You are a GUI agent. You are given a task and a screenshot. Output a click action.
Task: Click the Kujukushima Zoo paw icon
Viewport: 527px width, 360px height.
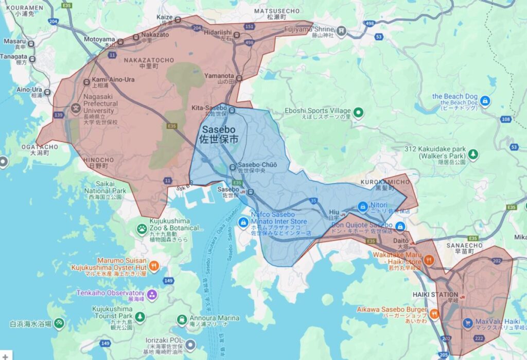[142, 228]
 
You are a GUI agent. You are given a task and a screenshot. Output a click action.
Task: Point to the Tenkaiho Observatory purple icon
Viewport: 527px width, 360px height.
[151, 295]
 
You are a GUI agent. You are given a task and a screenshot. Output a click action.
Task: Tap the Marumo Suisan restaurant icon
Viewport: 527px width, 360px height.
[153, 266]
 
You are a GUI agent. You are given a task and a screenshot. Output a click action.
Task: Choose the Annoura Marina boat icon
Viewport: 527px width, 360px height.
[181, 320]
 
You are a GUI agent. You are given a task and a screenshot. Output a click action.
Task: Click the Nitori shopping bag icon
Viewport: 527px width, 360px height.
[362, 205]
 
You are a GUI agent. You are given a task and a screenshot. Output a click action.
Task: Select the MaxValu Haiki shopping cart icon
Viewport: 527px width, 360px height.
[468, 323]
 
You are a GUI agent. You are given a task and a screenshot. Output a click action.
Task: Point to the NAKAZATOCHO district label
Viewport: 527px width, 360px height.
[149, 60]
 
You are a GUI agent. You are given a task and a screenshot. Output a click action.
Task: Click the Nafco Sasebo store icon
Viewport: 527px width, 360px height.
[242, 222]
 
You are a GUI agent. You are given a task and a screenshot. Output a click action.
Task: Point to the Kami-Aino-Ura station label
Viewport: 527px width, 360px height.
[113, 80]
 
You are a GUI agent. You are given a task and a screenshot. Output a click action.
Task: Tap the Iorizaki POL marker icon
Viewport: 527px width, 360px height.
[190, 345]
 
